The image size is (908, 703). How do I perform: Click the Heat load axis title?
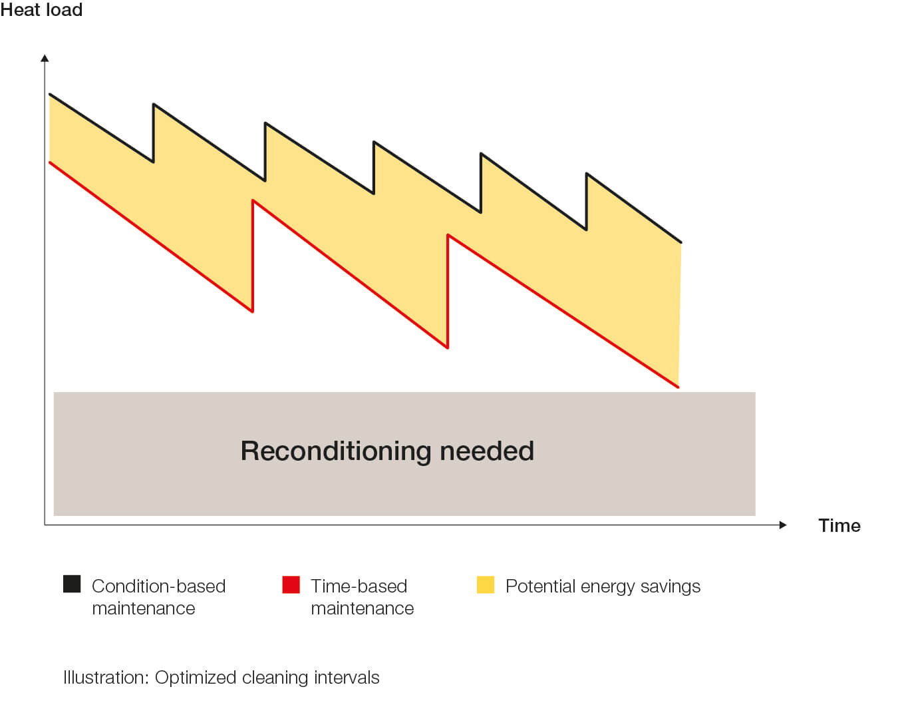click(x=41, y=10)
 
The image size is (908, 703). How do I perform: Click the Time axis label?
click(x=839, y=525)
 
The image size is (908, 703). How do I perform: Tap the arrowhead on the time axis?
click(x=783, y=525)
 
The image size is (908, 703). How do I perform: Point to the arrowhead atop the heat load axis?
click(x=45, y=59)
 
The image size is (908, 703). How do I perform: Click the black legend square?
click(x=72, y=584)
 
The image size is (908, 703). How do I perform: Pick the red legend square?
click(x=291, y=584)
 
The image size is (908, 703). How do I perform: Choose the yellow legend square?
click(x=486, y=584)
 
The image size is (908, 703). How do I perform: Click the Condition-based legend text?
click(x=158, y=586)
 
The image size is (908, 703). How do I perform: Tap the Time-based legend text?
click(x=359, y=586)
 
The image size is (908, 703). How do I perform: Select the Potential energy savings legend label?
click(x=603, y=586)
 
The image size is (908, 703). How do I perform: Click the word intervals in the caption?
click(x=347, y=678)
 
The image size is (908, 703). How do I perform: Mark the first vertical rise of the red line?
click(x=253, y=256)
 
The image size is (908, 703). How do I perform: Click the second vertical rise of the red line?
click(x=448, y=291)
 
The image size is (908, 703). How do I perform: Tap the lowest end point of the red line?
click(x=678, y=386)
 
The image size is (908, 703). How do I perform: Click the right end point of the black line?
click(x=681, y=242)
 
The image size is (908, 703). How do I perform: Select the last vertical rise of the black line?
click(x=586, y=201)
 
